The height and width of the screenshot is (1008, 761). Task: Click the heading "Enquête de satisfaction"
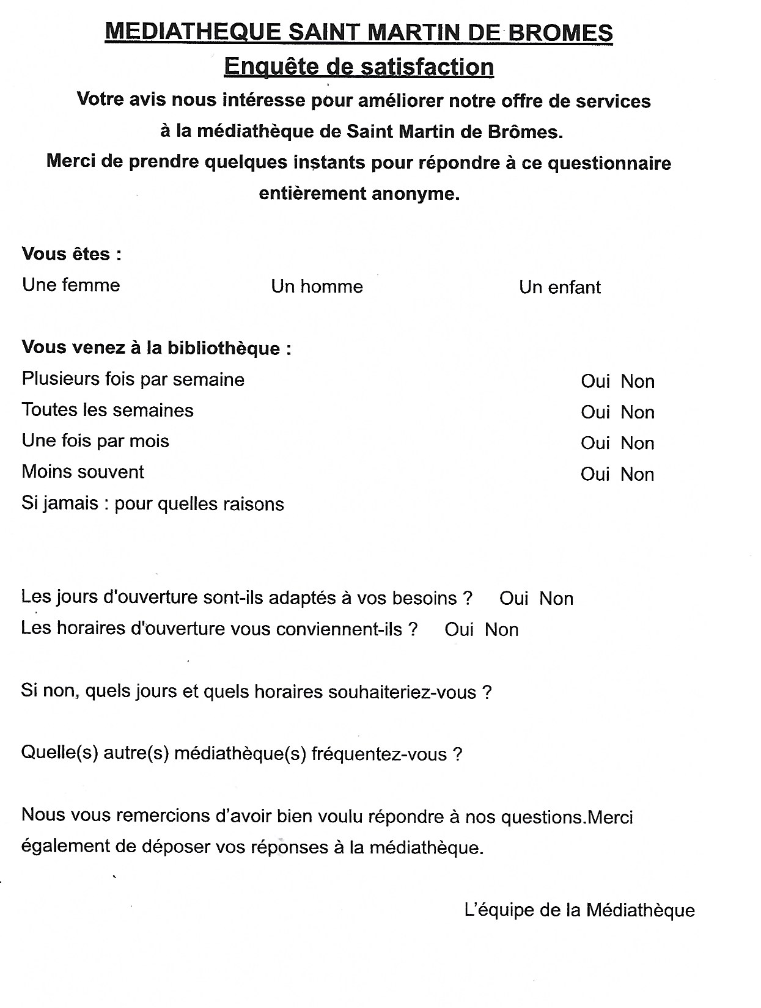click(359, 67)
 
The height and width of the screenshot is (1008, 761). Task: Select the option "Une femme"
click(71, 285)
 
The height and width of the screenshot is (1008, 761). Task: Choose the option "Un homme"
click(317, 287)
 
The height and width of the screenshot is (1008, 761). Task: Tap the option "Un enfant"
click(560, 288)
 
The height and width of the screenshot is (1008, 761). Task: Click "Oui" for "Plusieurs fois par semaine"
click(595, 382)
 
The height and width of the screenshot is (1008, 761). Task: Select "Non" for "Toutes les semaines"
click(638, 413)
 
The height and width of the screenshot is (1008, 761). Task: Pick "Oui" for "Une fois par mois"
click(595, 444)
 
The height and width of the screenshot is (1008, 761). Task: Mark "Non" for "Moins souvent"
click(638, 475)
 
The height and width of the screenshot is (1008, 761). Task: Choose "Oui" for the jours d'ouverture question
click(513, 599)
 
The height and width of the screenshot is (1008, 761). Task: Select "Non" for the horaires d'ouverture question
click(501, 630)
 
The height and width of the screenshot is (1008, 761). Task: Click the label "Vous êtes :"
click(72, 254)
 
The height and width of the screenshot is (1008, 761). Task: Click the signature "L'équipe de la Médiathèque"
click(579, 910)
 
